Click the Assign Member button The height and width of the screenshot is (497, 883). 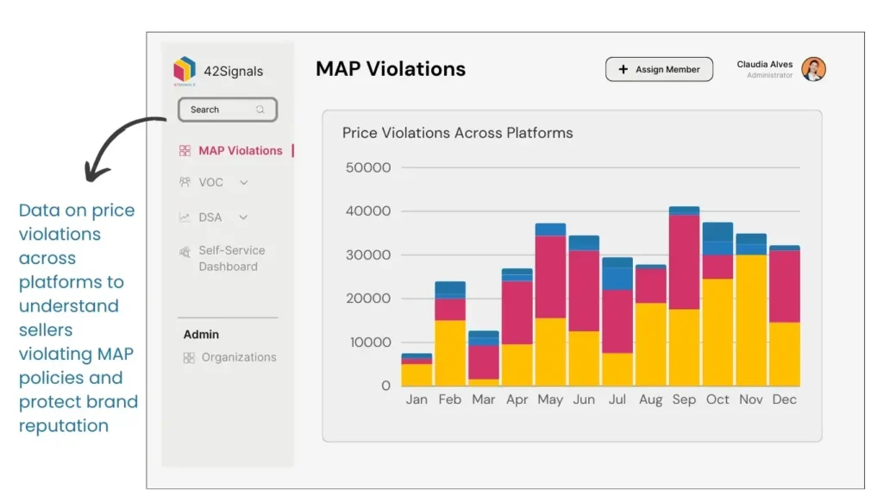[x=659, y=70]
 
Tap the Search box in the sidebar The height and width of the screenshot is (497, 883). [x=227, y=110]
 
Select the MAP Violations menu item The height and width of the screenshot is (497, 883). [x=240, y=151]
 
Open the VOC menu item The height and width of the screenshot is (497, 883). [x=211, y=183]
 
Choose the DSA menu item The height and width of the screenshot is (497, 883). [x=211, y=217]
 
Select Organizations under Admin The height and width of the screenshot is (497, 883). [x=238, y=357]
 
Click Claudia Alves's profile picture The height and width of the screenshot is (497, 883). [x=813, y=70]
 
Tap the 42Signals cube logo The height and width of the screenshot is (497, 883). [x=185, y=70]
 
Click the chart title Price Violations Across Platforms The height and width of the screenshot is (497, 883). [x=457, y=133]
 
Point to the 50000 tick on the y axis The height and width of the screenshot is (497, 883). [x=367, y=167]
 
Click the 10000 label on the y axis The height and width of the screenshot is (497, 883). [x=367, y=343]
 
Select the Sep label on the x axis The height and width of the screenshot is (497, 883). [x=684, y=399]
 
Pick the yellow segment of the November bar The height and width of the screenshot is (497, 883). [x=750, y=320]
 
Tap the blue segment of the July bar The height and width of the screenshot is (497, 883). [x=617, y=274]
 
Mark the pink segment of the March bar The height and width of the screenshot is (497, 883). [x=483, y=362]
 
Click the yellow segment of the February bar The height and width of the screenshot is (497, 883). [x=450, y=353]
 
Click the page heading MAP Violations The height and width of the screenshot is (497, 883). [x=390, y=70]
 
